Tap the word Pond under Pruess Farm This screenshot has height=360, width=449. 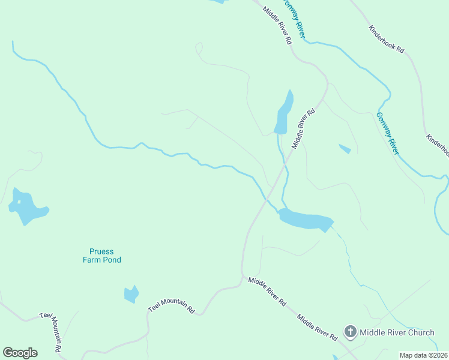point(112,260)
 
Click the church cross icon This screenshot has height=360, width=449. point(350,332)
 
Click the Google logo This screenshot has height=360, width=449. point(20,353)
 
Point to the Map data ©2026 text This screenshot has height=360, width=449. point(423,355)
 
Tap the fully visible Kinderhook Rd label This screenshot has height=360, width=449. point(387,40)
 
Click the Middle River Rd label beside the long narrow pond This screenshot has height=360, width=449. point(303,128)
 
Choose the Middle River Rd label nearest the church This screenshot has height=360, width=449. point(316,326)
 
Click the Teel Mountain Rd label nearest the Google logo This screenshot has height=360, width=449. point(52,332)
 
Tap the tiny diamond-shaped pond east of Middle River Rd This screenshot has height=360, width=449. point(345,148)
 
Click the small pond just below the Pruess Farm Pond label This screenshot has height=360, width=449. point(131,294)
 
